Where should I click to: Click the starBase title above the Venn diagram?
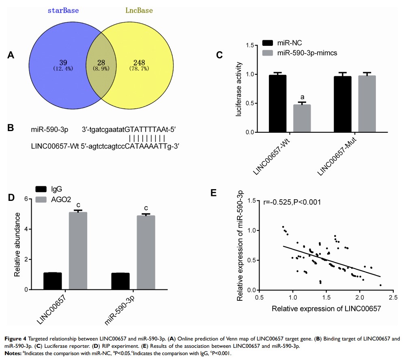pos(63,10)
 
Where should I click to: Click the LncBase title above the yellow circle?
pos(139,10)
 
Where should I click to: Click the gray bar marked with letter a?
pos(302,118)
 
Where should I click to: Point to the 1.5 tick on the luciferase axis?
pos(251,45)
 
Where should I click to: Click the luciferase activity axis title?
pos(239,89)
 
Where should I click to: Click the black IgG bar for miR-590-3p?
pos(120,281)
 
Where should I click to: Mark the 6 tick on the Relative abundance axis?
pos(26,199)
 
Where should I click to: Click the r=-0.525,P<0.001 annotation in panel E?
pos(292,202)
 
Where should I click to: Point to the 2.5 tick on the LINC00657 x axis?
pos(393,298)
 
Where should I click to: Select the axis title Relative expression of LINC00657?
pos(326,309)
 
